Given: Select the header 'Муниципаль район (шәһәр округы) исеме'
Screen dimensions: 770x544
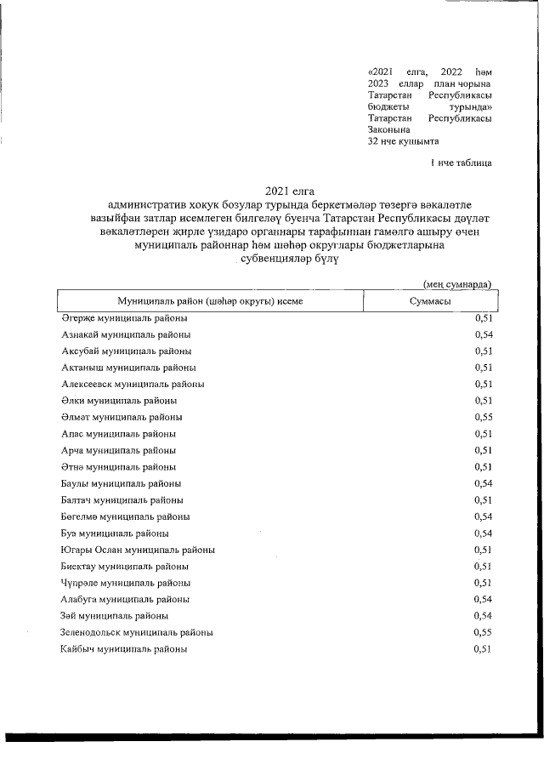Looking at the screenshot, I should (x=210, y=301).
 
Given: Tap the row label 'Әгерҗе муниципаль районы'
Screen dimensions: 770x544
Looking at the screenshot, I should (x=124, y=318).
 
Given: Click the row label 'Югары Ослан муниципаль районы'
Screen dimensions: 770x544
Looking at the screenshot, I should (x=138, y=550).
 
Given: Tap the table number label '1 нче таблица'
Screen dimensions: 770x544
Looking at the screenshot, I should (x=461, y=162).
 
